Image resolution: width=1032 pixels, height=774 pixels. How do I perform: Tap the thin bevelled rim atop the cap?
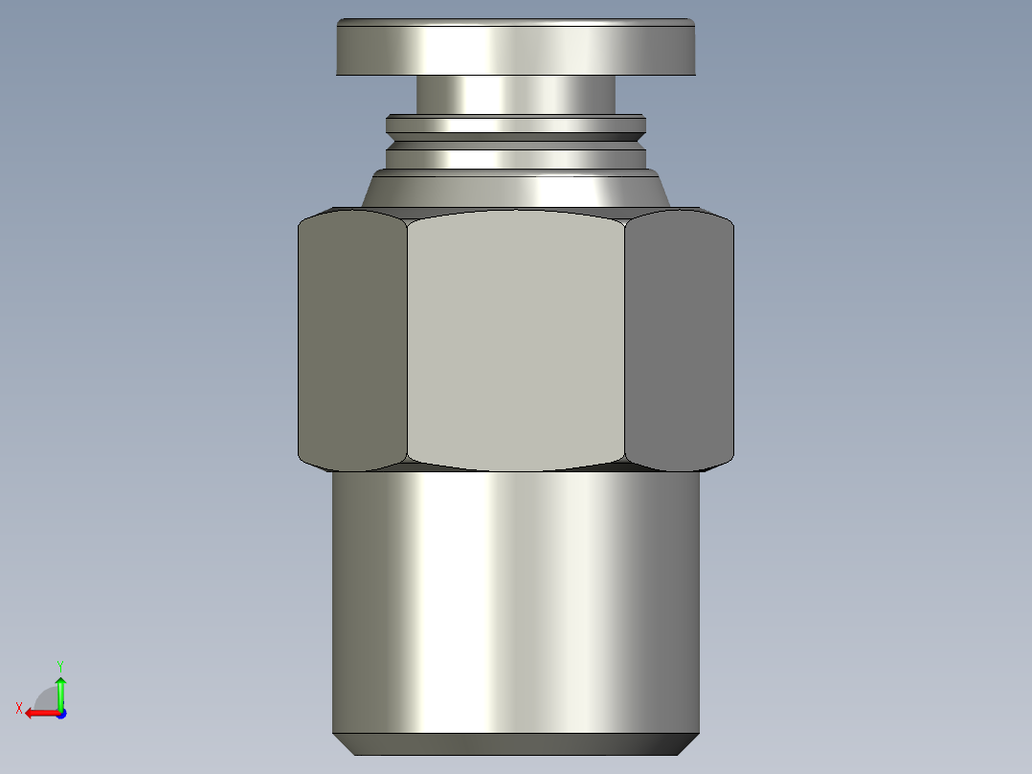pyautogui.click(x=515, y=22)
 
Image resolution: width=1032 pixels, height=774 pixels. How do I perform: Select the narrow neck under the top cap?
pyautogui.click(x=515, y=95)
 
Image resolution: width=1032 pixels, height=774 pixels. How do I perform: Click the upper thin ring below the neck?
pyautogui.click(x=515, y=124)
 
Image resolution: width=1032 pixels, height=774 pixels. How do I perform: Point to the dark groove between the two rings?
pyautogui.click(x=515, y=137)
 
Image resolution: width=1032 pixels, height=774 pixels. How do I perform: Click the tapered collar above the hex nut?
pyautogui.click(x=515, y=189)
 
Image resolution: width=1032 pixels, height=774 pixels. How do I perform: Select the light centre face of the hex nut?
pyautogui.click(x=515, y=340)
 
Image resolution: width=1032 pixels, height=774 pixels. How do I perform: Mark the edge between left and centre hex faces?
pyautogui.click(x=407, y=340)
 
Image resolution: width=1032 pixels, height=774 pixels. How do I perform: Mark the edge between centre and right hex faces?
pyautogui.click(x=625, y=340)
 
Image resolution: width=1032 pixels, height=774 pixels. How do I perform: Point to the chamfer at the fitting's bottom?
pyautogui.click(x=515, y=744)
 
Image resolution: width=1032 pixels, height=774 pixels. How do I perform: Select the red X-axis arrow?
pyautogui.click(x=38, y=713)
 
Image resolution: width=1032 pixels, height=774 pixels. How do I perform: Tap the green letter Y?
pyautogui.click(x=59, y=665)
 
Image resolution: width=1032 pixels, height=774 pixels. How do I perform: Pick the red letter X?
pyautogui.click(x=18, y=708)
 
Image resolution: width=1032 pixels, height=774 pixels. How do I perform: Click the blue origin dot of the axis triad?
pyautogui.click(x=60, y=713)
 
